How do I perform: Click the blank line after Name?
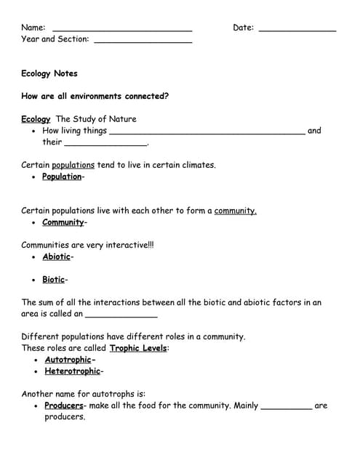122,30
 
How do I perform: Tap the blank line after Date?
297,30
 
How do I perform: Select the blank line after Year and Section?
143,41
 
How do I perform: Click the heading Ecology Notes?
49,73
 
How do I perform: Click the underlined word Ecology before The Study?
36,119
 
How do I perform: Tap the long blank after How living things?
207,133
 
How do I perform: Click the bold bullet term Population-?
63,177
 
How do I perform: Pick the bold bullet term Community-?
65,222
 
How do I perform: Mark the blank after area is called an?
121,315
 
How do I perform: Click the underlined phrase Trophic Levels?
139,348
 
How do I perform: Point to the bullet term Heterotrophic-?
74,371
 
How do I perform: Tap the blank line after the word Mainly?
286,408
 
